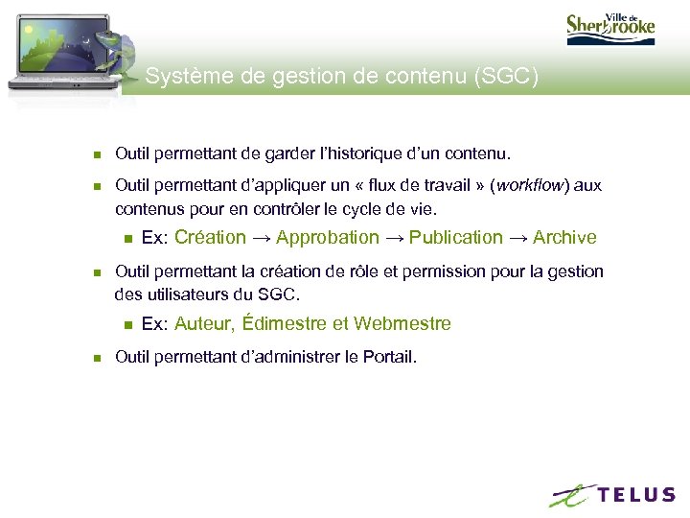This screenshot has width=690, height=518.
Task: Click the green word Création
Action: tap(210, 237)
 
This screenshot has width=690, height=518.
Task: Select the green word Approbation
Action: tap(327, 237)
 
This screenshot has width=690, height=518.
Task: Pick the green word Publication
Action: tap(455, 237)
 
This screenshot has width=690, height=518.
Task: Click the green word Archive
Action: tap(564, 237)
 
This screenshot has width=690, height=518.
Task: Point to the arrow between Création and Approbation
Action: tap(261, 237)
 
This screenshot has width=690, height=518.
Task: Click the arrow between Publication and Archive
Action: tap(517, 237)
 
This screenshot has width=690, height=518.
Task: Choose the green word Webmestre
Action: tap(402, 323)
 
